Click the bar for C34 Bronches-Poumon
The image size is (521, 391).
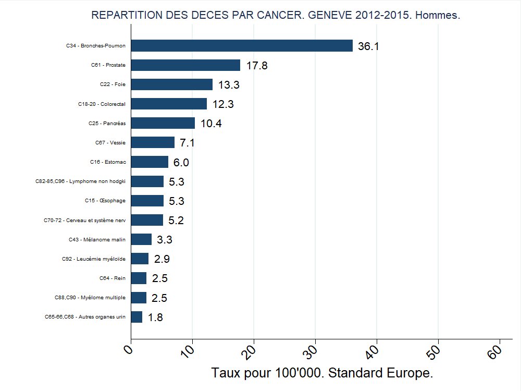pos(242,46)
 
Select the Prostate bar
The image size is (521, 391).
pos(185,65)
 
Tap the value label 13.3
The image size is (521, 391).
pos(229,85)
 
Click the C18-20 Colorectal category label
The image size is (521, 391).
pos(98,104)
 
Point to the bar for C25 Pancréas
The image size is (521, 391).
pos(163,124)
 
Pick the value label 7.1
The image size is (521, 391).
pos(187,143)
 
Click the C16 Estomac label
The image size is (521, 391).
pos(108,162)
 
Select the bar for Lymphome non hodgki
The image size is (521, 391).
pos(147,181)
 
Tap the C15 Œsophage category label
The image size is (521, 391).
pos(105,201)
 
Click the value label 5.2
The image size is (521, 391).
pos(176,221)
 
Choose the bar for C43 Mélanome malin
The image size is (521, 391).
pos(141,240)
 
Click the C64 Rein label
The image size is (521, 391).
pos(113,278)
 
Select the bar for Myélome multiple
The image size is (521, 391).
pos(139,298)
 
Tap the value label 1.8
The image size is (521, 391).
pos(155,317)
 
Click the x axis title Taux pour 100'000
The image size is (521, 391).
pos(322,373)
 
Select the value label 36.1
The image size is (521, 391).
pos(368,46)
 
